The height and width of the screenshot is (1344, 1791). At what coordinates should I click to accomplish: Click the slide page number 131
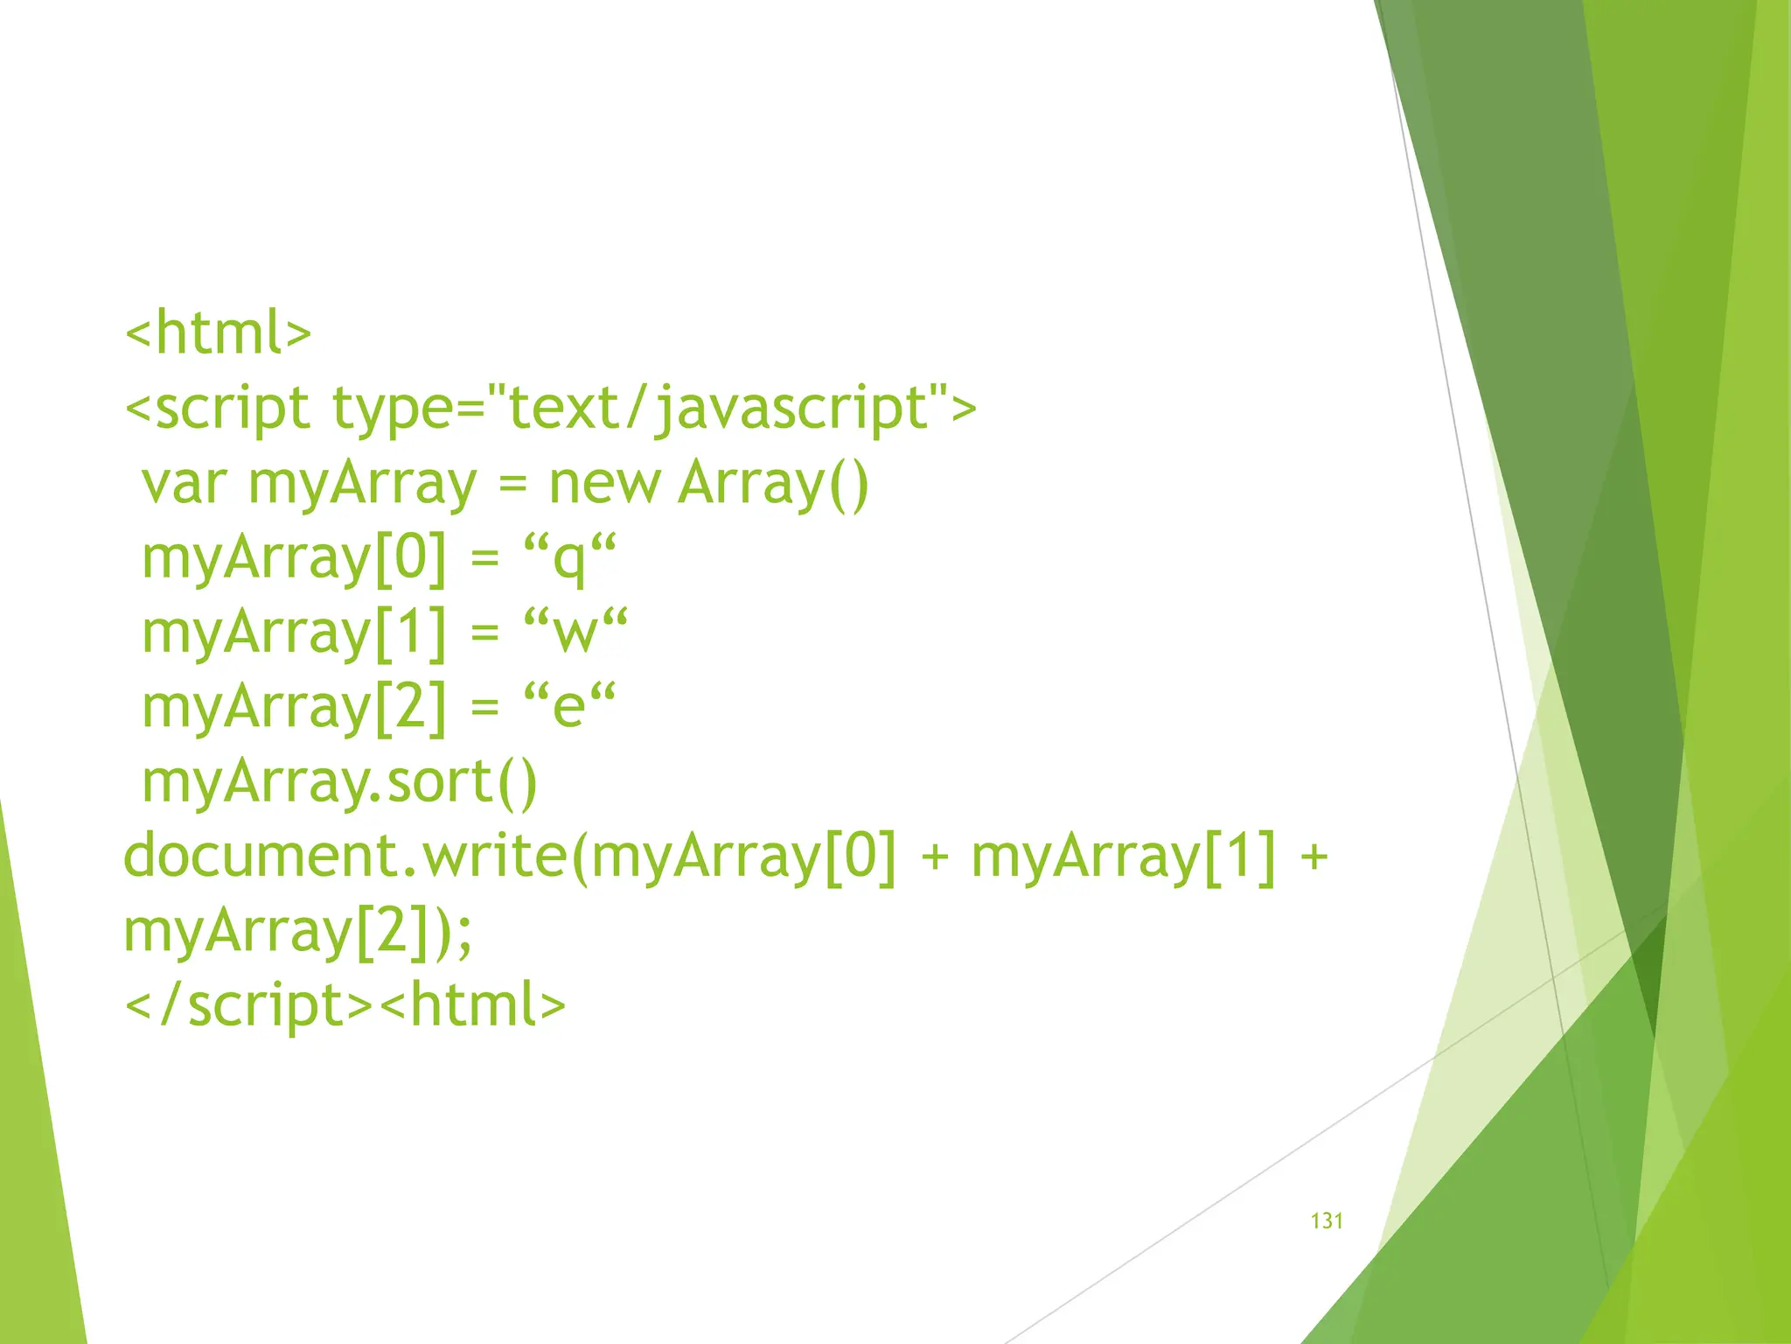coord(1327,1221)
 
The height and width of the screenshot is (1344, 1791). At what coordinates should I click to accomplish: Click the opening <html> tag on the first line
coord(219,332)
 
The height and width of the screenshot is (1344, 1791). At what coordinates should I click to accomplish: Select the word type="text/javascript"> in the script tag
coord(654,409)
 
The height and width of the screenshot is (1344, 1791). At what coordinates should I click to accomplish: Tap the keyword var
coord(185,483)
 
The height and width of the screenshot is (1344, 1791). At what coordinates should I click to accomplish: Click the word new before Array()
coord(604,483)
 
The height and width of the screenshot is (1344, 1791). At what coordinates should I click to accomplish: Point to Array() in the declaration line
coord(773,483)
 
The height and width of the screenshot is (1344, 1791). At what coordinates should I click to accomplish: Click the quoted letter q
coord(569,558)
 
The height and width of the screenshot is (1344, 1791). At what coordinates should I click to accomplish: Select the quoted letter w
coord(575,633)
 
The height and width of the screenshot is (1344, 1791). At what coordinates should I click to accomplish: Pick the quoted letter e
coord(569,707)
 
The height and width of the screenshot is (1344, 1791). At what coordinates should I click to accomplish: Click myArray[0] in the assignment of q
coord(294,558)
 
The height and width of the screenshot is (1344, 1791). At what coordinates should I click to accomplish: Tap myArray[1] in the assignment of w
coord(294,633)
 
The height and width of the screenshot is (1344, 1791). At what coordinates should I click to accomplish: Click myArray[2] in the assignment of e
coord(294,707)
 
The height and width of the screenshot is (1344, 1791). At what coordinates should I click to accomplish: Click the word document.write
coord(346,856)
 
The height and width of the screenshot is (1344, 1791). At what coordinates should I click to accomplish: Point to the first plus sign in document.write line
coord(935,856)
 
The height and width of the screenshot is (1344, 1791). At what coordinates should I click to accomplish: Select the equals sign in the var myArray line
coord(512,485)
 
